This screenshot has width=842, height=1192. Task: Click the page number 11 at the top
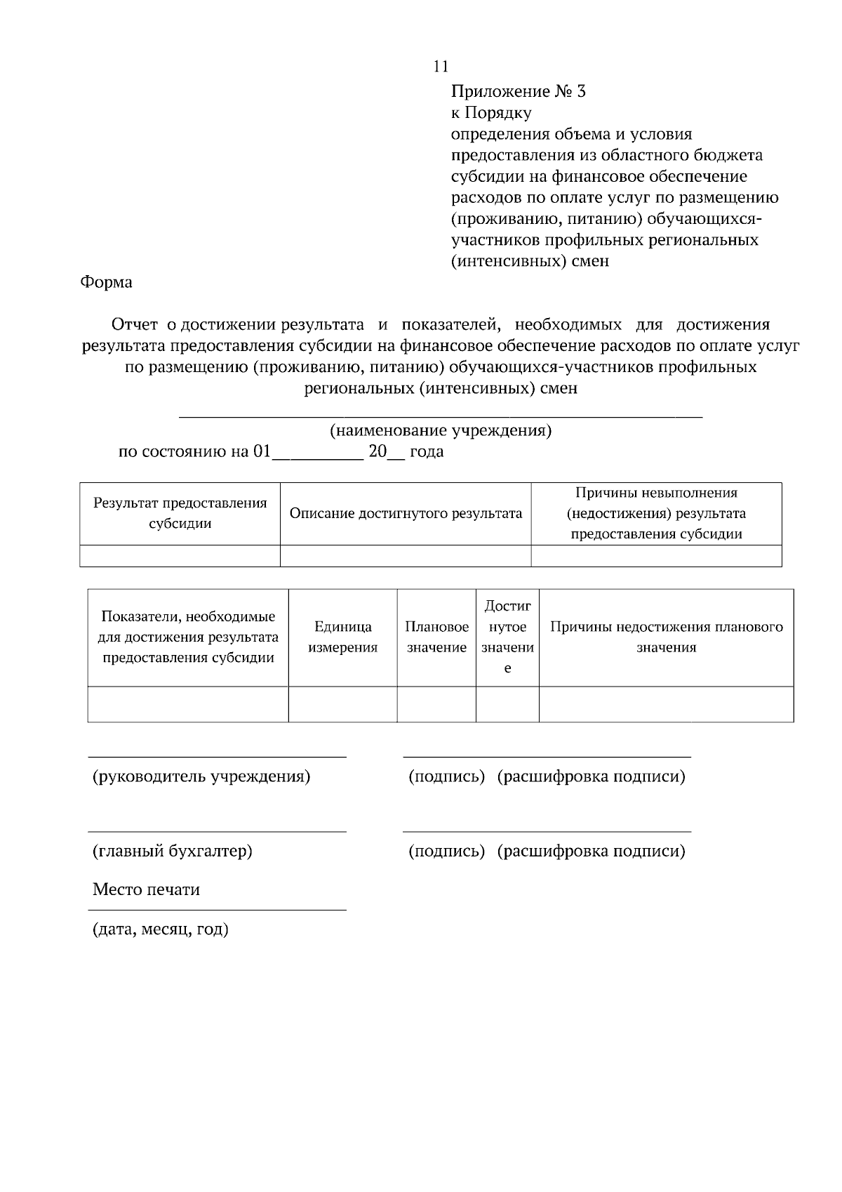[441, 67]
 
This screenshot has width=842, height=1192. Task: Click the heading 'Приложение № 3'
[518, 91]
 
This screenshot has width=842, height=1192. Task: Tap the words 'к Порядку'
[490, 112]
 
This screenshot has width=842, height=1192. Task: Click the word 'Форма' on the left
[106, 282]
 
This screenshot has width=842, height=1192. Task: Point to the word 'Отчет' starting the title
[135, 324]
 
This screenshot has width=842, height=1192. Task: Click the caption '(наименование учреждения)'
[441, 430]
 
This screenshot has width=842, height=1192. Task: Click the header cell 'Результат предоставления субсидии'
[180, 513]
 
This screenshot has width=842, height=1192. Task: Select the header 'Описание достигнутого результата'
[406, 513]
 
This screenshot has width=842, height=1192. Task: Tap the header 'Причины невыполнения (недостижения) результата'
[656, 513]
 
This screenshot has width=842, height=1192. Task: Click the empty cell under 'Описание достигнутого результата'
[406, 556]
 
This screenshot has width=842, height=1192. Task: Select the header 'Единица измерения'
[342, 637]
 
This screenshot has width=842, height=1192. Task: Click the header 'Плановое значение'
[436, 637]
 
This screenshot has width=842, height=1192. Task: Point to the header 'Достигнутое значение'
[507, 637]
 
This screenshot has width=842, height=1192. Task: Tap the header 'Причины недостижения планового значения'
[666, 637]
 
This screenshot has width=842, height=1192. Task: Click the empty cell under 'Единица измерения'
[342, 704]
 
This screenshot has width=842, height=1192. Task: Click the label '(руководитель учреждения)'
[201, 776]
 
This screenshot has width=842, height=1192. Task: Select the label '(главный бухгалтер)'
[173, 851]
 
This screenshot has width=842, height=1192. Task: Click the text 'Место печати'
[146, 889]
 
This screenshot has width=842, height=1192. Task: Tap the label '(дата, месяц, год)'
[161, 929]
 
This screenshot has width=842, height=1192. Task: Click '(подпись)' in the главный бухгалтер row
[447, 851]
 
